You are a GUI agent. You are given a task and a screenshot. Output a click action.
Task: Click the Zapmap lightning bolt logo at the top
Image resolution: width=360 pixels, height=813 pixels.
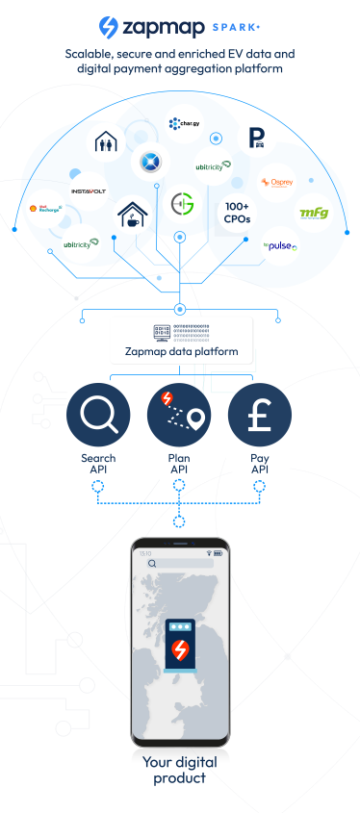(x=109, y=27)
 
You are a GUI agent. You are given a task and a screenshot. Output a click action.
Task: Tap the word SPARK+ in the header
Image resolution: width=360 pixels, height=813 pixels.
(x=236, y=29)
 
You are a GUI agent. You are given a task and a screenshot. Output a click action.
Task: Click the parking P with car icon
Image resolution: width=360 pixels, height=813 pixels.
(x=256, y=135)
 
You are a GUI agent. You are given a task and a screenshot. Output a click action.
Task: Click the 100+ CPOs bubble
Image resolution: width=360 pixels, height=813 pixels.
(x=236, y=212)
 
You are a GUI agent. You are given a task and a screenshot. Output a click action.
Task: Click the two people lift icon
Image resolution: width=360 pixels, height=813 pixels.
(x=105, y=142)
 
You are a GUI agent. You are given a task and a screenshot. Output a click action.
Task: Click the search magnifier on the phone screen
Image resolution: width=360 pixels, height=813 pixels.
(x=151, y=564)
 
